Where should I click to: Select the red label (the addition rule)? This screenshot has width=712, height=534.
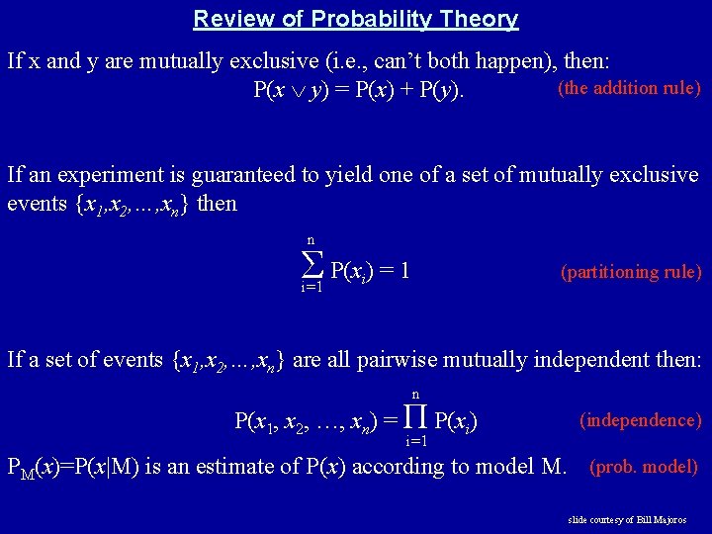click(x=630, y=88)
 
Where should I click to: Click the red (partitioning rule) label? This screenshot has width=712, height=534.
click(x=631, y=272)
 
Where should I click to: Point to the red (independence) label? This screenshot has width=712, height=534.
click(x=640, y=420)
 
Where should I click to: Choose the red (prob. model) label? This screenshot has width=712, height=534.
click(x=644, y=466)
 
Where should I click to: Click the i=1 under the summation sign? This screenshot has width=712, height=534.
click(x=311, y=288)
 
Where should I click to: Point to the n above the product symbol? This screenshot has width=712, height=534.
click(x=415, y=394)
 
